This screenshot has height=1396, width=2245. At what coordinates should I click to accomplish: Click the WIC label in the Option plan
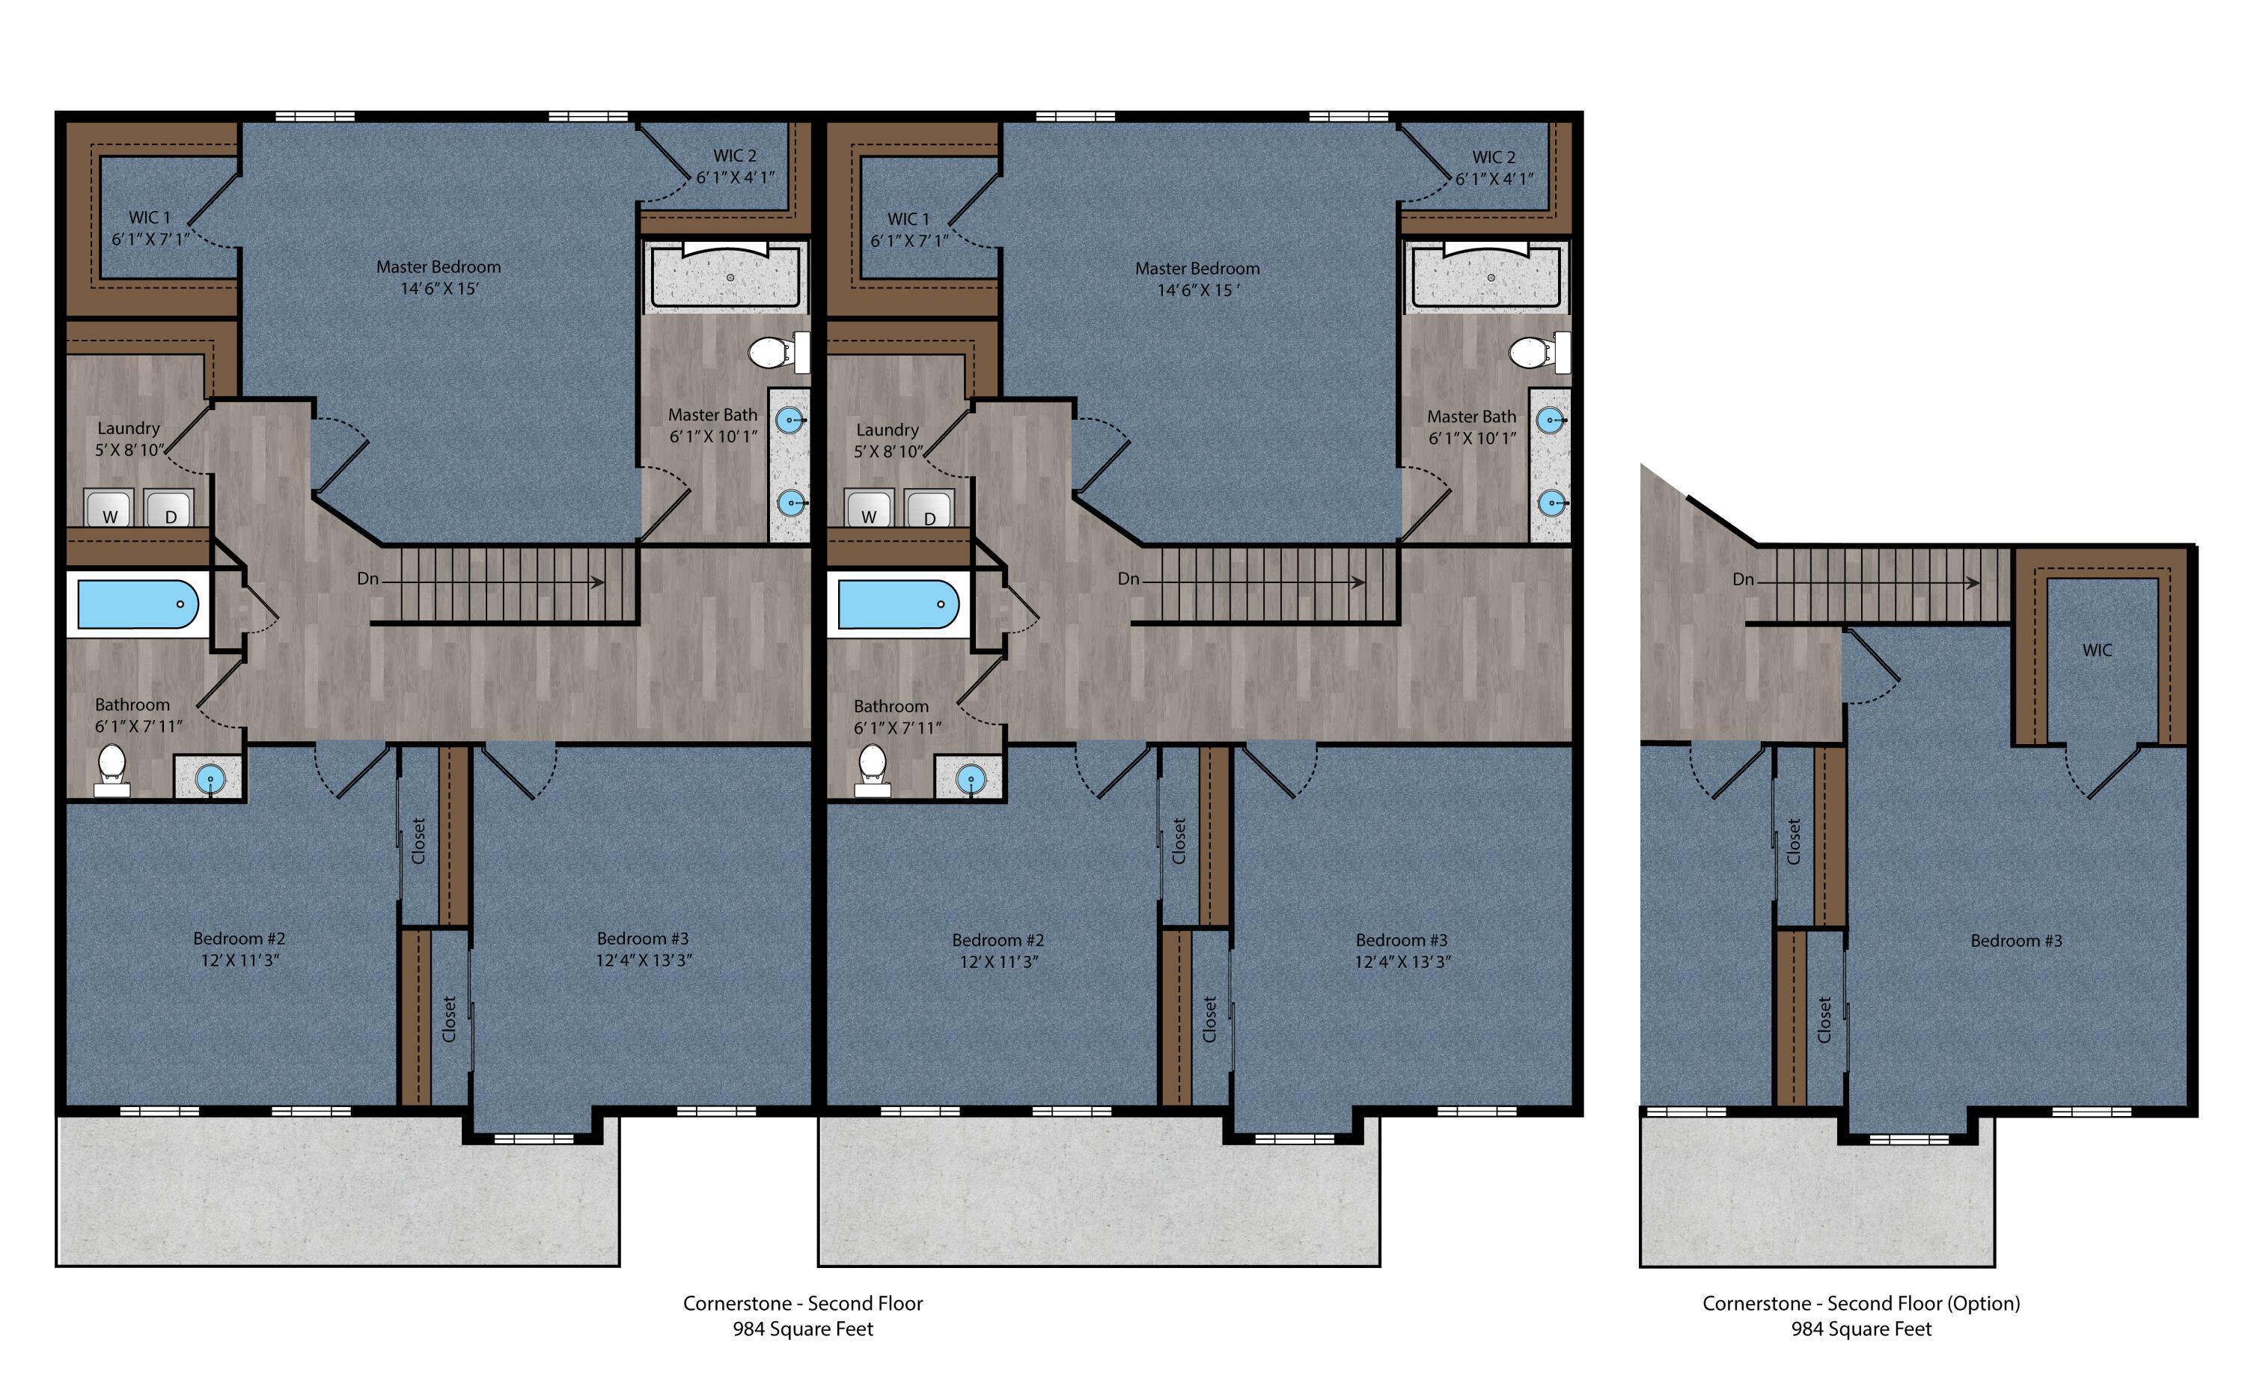pos(2096,650)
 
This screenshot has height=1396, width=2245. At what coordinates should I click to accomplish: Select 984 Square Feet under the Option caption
pos(1861,1329)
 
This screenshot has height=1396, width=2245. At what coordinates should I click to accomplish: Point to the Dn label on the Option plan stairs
pos(1743,580)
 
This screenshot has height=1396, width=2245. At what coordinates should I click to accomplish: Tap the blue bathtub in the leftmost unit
pos(137,604)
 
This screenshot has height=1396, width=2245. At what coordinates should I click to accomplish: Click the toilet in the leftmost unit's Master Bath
pos(778,352)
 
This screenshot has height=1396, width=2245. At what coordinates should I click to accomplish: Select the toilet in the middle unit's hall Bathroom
pos(873,770)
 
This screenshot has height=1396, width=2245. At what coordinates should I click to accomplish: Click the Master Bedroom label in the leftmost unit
pos(439,266)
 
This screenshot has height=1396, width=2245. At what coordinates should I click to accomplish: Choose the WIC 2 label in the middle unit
pos(1494,158)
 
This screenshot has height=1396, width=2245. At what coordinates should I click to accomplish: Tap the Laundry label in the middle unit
pos(887,430)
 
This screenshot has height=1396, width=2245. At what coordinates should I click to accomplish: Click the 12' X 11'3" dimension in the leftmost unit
pos(240,960)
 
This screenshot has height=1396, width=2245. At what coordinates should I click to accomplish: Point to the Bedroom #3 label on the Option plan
pos(2016,941)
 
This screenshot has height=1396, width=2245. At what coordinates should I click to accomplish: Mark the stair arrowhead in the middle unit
pos(1359,582)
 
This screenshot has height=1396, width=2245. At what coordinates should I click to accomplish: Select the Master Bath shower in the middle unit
pos(1486,274)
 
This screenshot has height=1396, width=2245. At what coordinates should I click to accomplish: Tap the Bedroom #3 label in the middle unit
pos(1402,940)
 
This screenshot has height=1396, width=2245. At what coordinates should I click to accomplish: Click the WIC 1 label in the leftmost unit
pos(150,218)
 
